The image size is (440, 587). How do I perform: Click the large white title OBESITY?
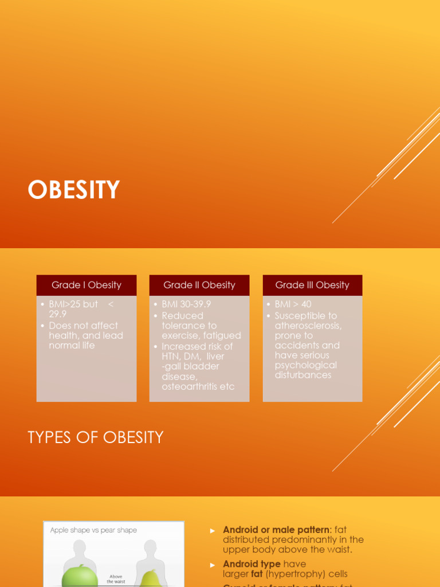(74, 190)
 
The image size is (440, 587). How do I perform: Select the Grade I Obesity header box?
(87, 285)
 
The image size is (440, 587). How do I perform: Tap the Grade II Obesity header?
(199, 285)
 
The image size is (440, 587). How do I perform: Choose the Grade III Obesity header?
(312, 285)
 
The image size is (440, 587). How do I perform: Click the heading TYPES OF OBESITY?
(96, 437)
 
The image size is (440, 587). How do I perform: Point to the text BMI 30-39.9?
(186, 304)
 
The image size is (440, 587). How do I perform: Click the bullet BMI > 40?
(293, 304)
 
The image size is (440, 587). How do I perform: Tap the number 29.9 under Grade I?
(58, 314)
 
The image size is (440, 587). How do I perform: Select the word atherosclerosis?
(308, 326)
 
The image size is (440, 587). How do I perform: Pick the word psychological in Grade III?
(305, 365)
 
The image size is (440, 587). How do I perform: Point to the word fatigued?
(222, 335)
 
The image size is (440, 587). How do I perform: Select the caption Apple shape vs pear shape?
(93, 530)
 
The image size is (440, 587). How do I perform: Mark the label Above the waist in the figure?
(116, 579)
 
